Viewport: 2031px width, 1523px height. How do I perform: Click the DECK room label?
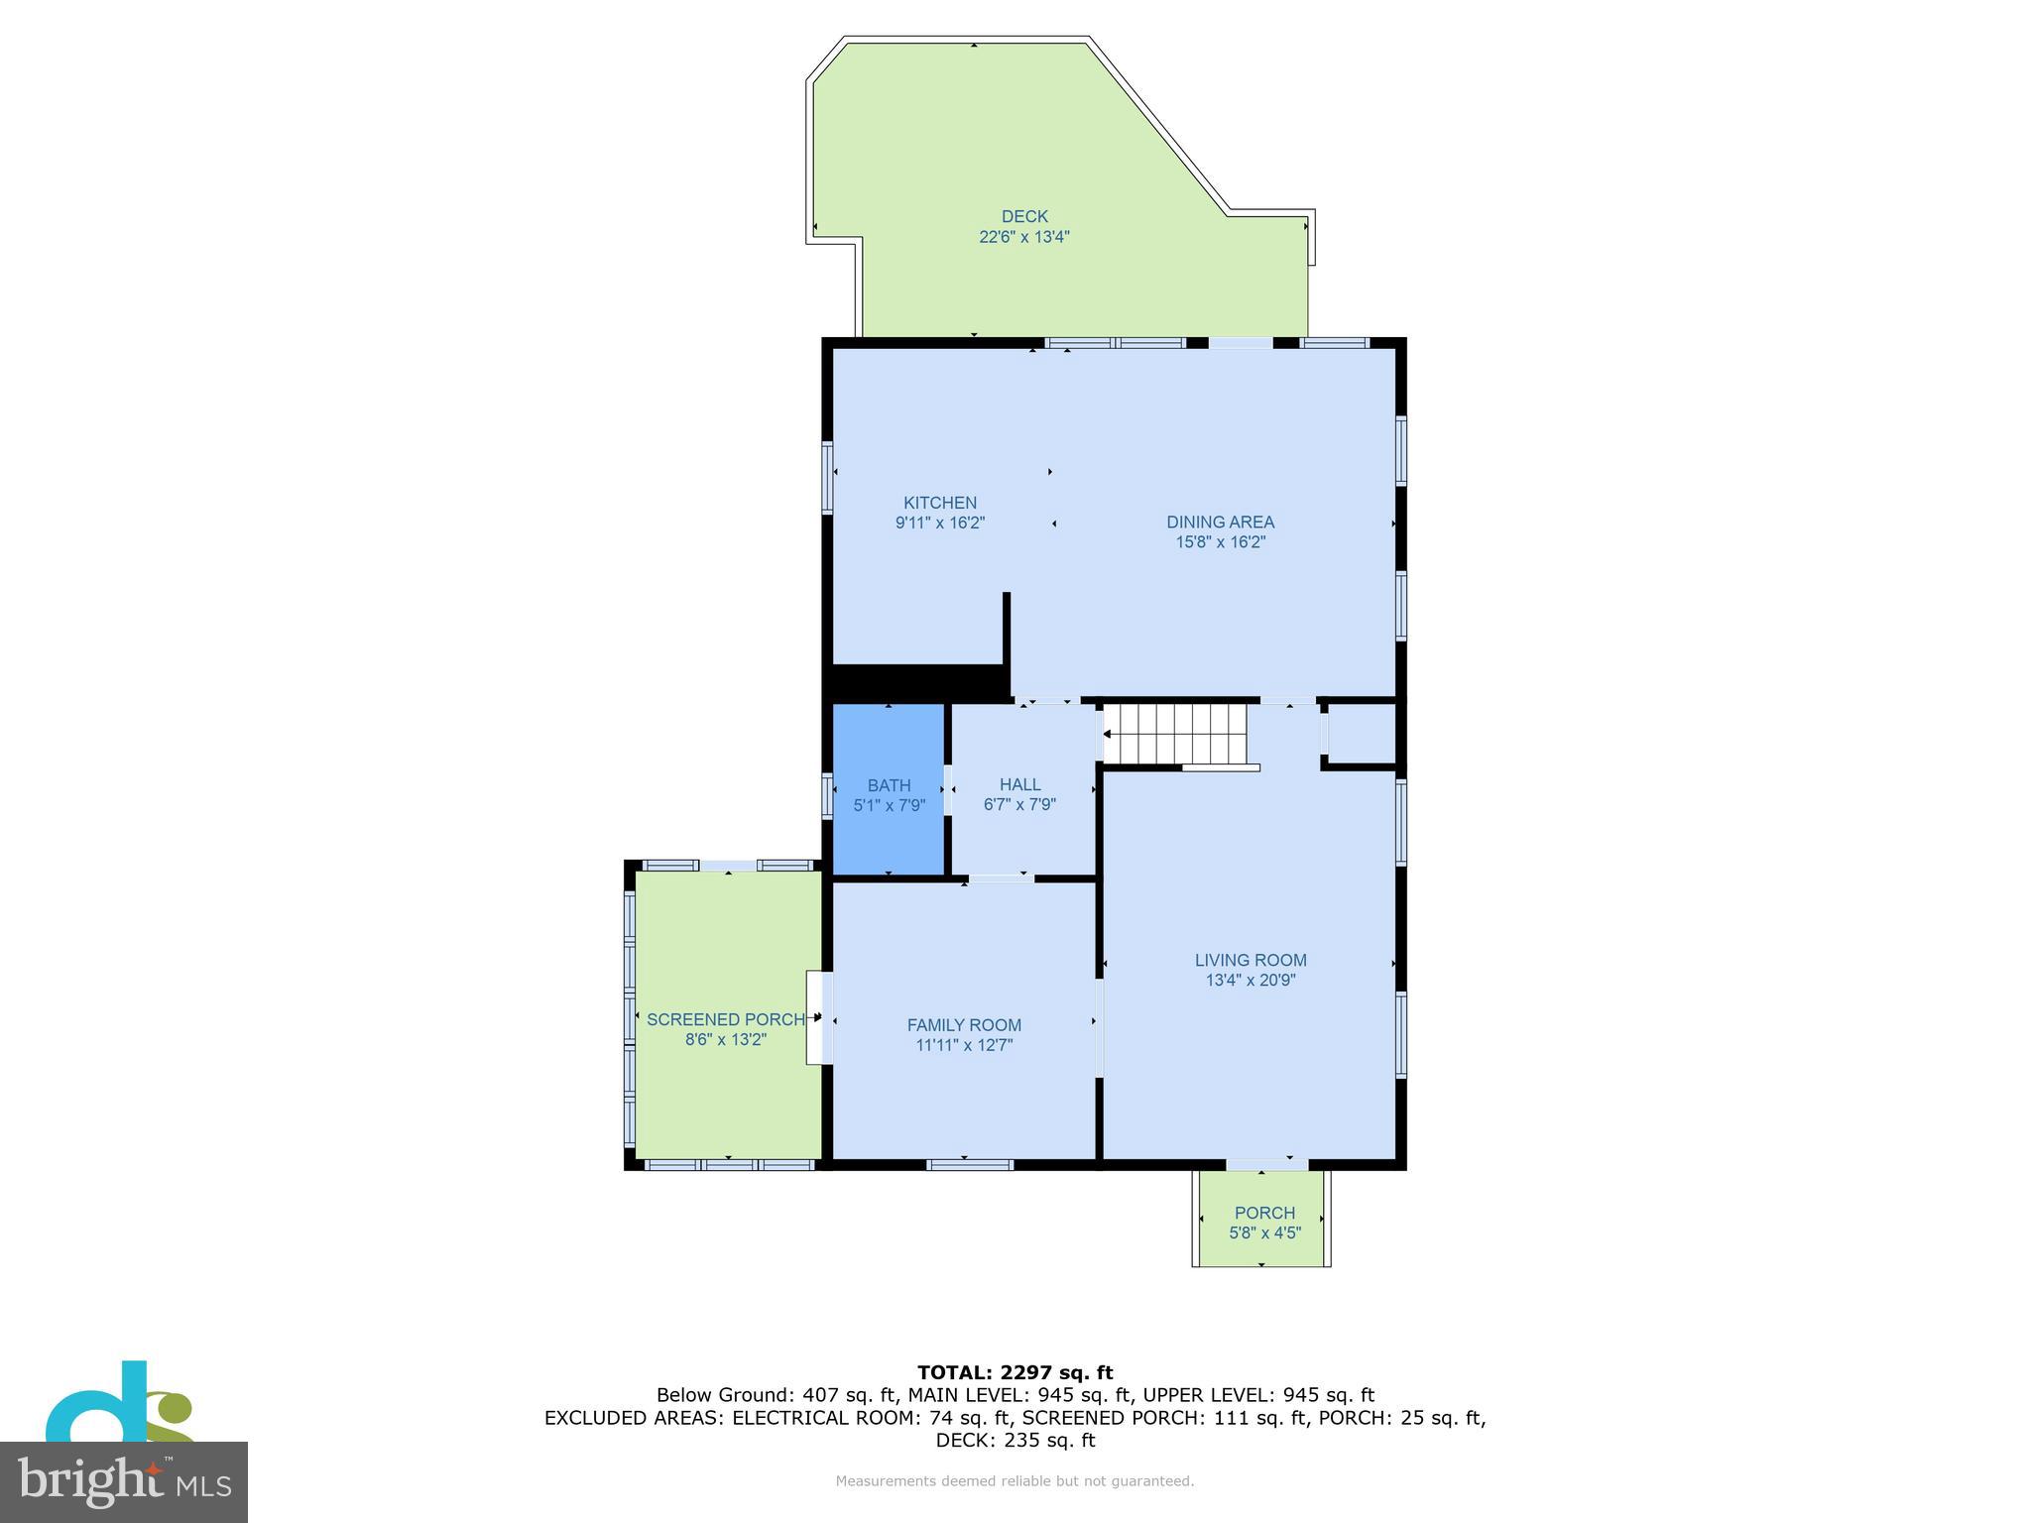coord(1023,216)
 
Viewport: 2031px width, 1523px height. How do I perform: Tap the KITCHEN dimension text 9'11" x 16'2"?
coord(939,523)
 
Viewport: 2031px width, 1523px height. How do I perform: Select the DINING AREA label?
coord(1220,522)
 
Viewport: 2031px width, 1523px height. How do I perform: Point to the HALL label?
coord(1019,784)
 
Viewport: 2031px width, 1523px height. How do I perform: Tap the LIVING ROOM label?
coord(1250,960)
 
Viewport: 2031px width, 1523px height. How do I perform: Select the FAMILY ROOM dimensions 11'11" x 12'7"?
coord(964,1045)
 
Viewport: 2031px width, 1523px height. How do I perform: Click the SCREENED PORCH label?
coord(725,1019)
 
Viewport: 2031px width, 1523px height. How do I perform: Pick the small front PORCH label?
coord(1263,1213)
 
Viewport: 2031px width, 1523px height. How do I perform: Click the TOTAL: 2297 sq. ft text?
coord(1015,1372)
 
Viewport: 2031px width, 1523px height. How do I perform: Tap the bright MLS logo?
coord(124,1481)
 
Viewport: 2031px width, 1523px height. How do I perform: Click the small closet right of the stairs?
coord(1361,734)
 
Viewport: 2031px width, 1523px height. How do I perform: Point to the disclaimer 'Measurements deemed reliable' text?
coord(1015,1481)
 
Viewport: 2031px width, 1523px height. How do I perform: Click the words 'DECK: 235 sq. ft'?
coord(1015,1440)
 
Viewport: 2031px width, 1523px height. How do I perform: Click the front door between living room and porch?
coord(1266,1164)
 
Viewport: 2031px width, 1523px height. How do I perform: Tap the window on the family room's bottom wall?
coord(969,1164)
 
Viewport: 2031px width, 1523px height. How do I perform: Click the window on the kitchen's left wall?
coord(827,477)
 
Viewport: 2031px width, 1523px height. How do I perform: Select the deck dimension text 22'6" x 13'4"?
coord(1023,237)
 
